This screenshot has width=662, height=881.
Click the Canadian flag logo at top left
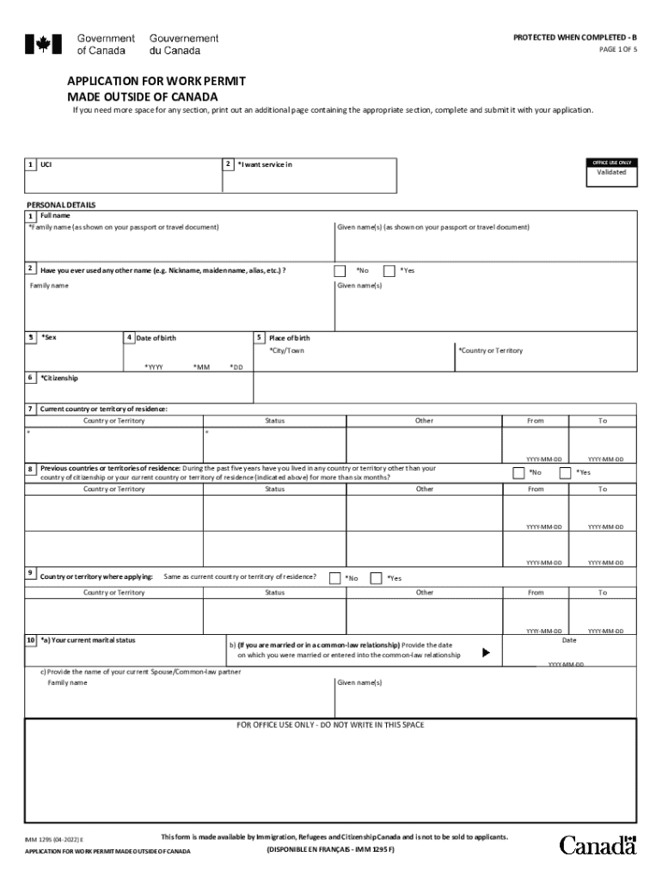(x=38, y=45)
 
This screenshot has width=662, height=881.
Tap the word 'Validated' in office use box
(x=611, y=172)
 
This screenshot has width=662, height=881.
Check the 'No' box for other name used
(x=341, y=270)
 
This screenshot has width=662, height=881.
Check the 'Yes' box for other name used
(x=389, y=270)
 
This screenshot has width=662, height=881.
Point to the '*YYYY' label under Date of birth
(x=154, y=367)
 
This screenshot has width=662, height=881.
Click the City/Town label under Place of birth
(x=286, y=351)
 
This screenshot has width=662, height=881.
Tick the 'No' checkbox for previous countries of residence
(x=518, y=472)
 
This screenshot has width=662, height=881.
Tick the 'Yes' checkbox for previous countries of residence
(x=566, y=472)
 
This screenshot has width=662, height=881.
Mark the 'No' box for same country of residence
(x=335, y=578)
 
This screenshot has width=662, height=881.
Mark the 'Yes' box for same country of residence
(x=376, y=578)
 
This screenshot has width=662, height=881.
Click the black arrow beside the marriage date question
(x=486, y=653)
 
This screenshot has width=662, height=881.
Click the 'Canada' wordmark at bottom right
(x=598, y=845)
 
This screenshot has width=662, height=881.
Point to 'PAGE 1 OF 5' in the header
(x=617, y=50)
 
